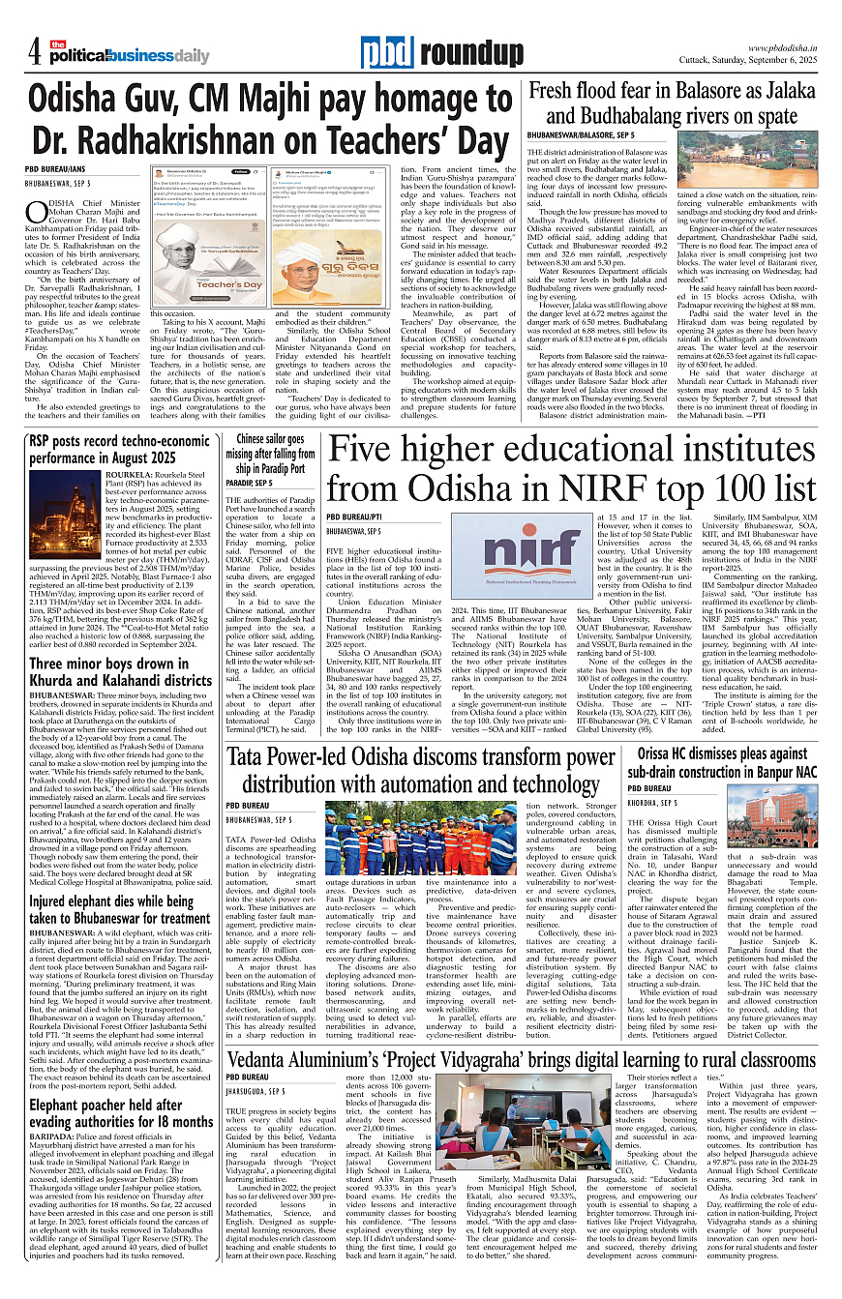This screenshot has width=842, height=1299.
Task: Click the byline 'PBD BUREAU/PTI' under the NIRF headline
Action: [354, 517]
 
